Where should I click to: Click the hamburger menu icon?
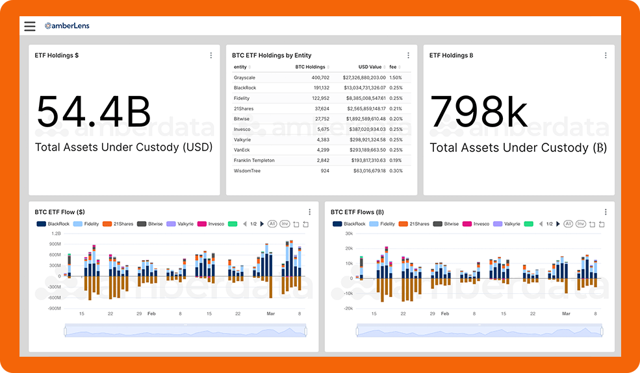click(x=30, y=26)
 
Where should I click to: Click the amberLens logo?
click(x=67, y=26)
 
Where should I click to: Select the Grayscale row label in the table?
click(x=244, y=77)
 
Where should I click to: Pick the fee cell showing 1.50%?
click(x=396, y=77)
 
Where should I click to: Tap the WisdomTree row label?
click(x=248, y=171)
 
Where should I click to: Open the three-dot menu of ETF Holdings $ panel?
click(x=211, y=56)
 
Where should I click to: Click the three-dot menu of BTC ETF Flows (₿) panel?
click(x=606, y=212)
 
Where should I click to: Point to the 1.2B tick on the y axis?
click(x=56, y=233)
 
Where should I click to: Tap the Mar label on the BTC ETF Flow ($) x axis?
click(x=270, y=313)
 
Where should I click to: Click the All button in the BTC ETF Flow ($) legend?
click(x=272, y=224)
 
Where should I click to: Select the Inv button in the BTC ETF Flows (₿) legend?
click(x=580, y=224)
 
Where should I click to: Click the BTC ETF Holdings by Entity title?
click(x=272, y=56)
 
